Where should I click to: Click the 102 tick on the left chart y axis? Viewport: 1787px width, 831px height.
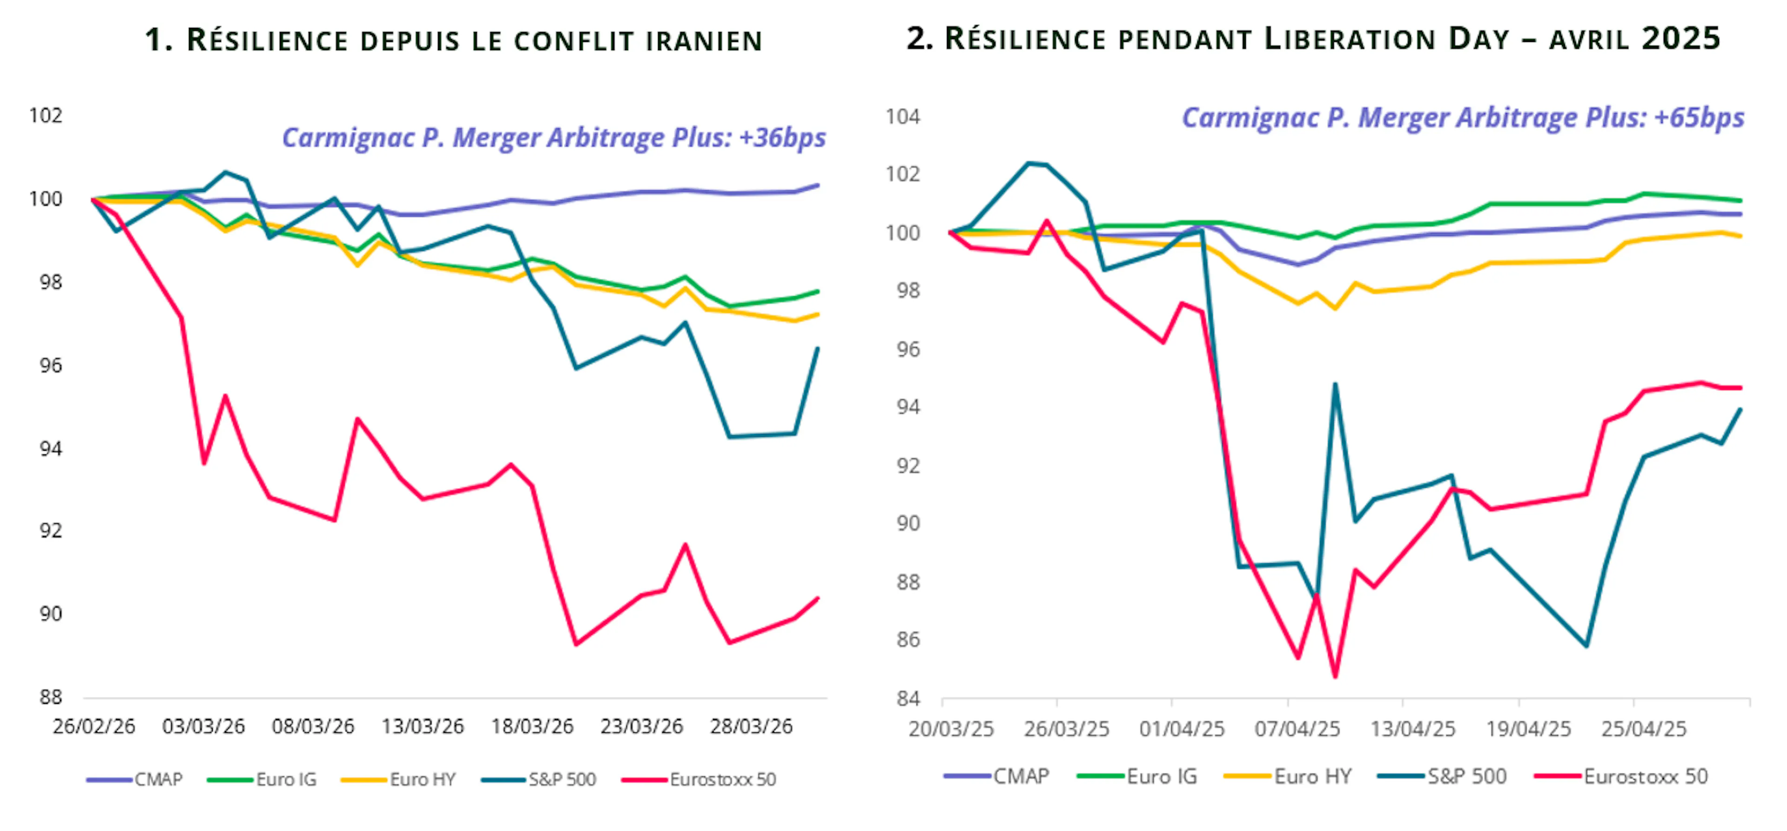[46, 115]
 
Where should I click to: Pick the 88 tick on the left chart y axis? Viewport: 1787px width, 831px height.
[50, 697]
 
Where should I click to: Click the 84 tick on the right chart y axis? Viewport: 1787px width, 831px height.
[907, 698]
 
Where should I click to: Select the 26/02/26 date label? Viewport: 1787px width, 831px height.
[94, 726]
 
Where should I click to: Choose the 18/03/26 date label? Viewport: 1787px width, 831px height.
[532, 726]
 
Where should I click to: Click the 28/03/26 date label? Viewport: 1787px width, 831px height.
[751, 726]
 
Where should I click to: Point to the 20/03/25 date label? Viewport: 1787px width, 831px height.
[951, 729]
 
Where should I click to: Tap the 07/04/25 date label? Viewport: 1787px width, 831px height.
[1297, 729]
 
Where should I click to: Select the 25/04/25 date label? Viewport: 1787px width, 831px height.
[1643, 729]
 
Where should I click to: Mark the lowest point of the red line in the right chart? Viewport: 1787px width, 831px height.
[1335, 676]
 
